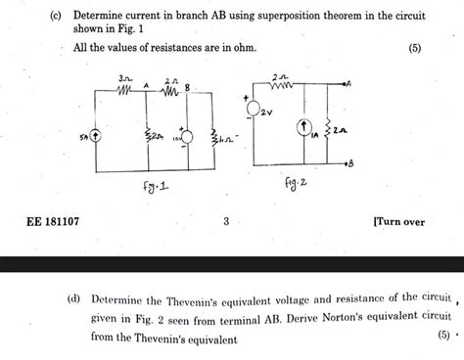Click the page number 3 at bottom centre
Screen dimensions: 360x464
click(225, 222)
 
